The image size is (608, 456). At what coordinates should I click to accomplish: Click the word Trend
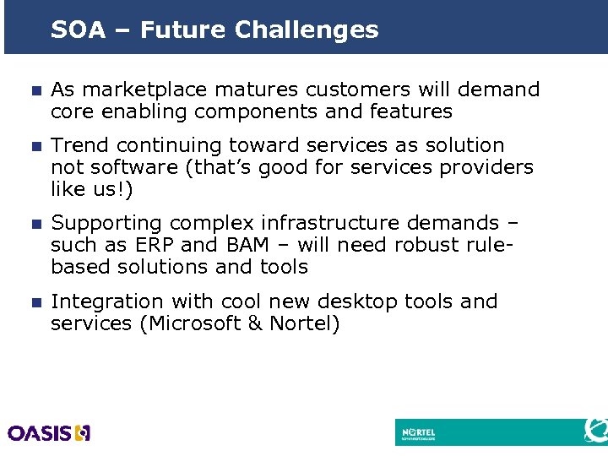pyautogui.click(x=78, y=146)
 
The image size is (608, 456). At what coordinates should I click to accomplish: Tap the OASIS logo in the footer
pyautogui.click(x=49, y=432)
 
